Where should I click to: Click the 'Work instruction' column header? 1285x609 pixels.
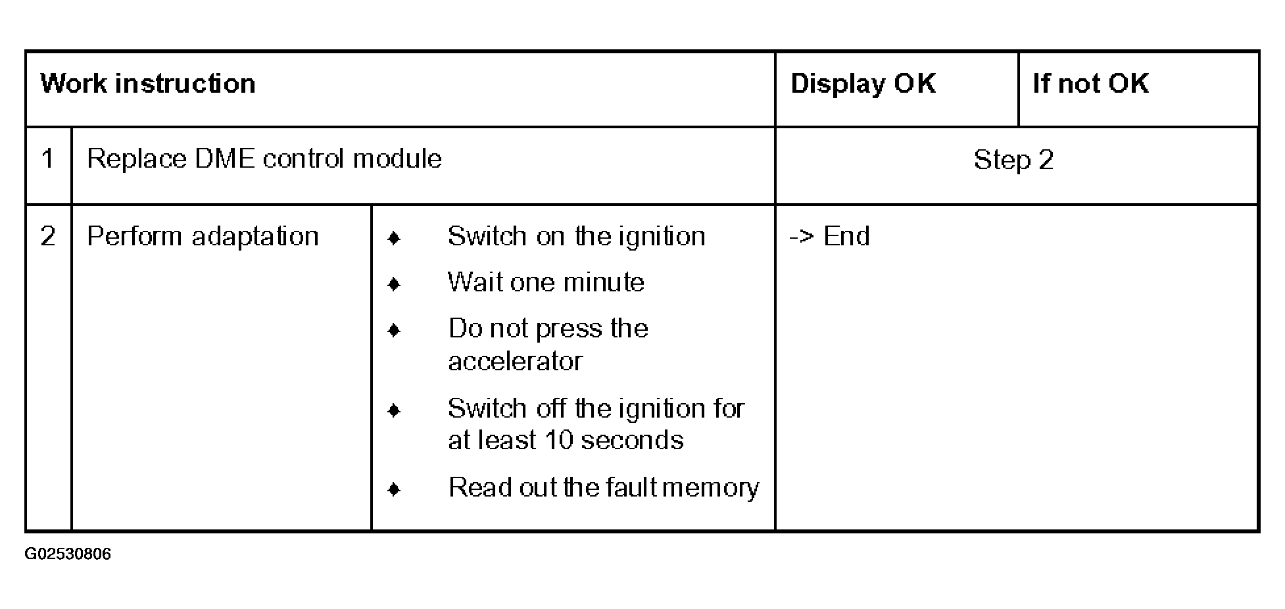click(x=148, y=84)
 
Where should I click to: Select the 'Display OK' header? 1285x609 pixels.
click(x=863, y=84)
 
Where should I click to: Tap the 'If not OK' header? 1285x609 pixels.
click(x=1090, y=84)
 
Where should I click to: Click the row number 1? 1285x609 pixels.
click(x=47, y=159)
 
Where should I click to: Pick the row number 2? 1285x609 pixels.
click(x=48, y=236)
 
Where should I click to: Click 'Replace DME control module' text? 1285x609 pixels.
click(x=264, y=159)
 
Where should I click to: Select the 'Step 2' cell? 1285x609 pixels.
click(x=1013, y=160)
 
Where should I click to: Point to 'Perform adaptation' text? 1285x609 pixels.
click(x=203, y=236)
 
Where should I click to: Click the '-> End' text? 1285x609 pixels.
click(x=829, y=236)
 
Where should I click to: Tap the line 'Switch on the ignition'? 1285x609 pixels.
click(x=577, y=236)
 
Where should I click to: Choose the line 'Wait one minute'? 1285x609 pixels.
click(x=546, y=282)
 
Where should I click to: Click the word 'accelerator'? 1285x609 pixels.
click(x=515, y=361)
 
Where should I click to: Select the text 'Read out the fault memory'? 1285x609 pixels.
click(x=604, y=487)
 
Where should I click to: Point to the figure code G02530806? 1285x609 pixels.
click(x=68, y=554)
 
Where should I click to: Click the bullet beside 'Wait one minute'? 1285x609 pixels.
click(x=394, y=284)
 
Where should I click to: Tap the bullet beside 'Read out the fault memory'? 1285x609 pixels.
click(x=394, y=489)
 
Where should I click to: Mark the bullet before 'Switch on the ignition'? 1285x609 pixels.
click(x=394, y=238)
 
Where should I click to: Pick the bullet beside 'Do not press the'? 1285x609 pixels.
click(x=394, y=330)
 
